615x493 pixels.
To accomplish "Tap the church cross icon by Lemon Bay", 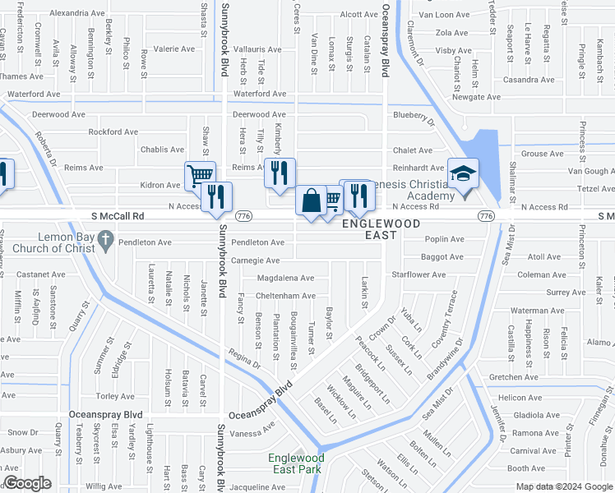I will pos(104,241).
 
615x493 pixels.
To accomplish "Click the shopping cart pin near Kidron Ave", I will pos(200,175).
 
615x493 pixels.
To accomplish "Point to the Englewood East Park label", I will pos(296,463).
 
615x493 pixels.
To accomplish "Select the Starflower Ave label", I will pos(418,274).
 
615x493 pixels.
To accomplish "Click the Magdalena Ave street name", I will pos(285,279).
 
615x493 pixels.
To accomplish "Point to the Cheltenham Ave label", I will pos(285,296).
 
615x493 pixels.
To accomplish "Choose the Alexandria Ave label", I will pos(77,13).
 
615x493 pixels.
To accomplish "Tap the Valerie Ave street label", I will pos(173,48).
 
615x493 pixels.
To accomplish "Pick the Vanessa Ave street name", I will pos(251,433).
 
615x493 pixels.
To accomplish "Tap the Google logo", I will pos(26,484).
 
